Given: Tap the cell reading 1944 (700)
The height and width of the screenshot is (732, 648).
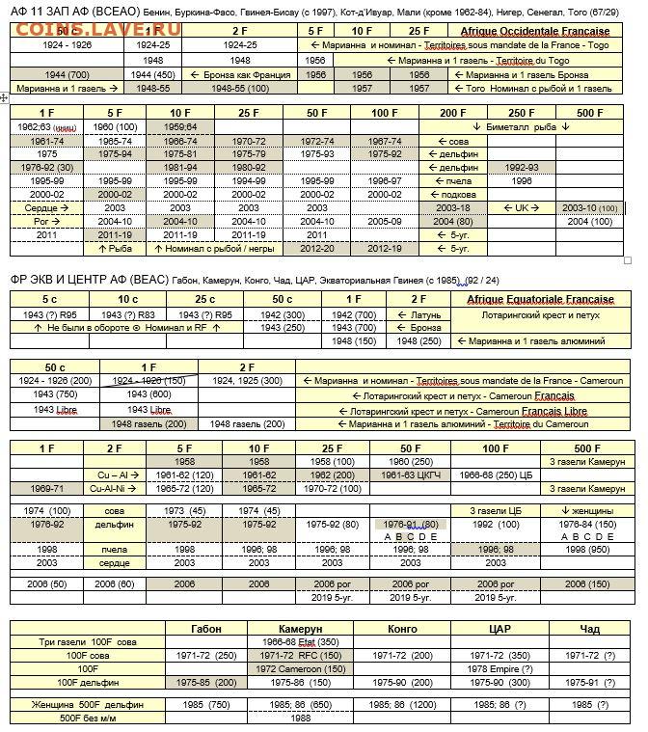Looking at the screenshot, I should pyautogui.click(x=67, y=74).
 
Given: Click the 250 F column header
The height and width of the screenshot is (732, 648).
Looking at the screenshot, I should pyautogui.click(x=522, y=113).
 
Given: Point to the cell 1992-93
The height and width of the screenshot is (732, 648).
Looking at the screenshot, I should pyautogui.click(x=522, y=167).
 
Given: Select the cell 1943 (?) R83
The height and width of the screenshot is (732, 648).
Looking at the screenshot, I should pyautogui.click(x=127, y=313).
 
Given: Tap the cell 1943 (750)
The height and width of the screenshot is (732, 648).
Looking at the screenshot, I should pyautogui.click(x=63, y=395).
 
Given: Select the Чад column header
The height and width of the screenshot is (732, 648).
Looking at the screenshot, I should pyautogui.click(x=589, y=628).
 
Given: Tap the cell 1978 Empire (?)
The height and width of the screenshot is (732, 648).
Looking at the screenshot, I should pyautogui.click(x=499, y=667).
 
